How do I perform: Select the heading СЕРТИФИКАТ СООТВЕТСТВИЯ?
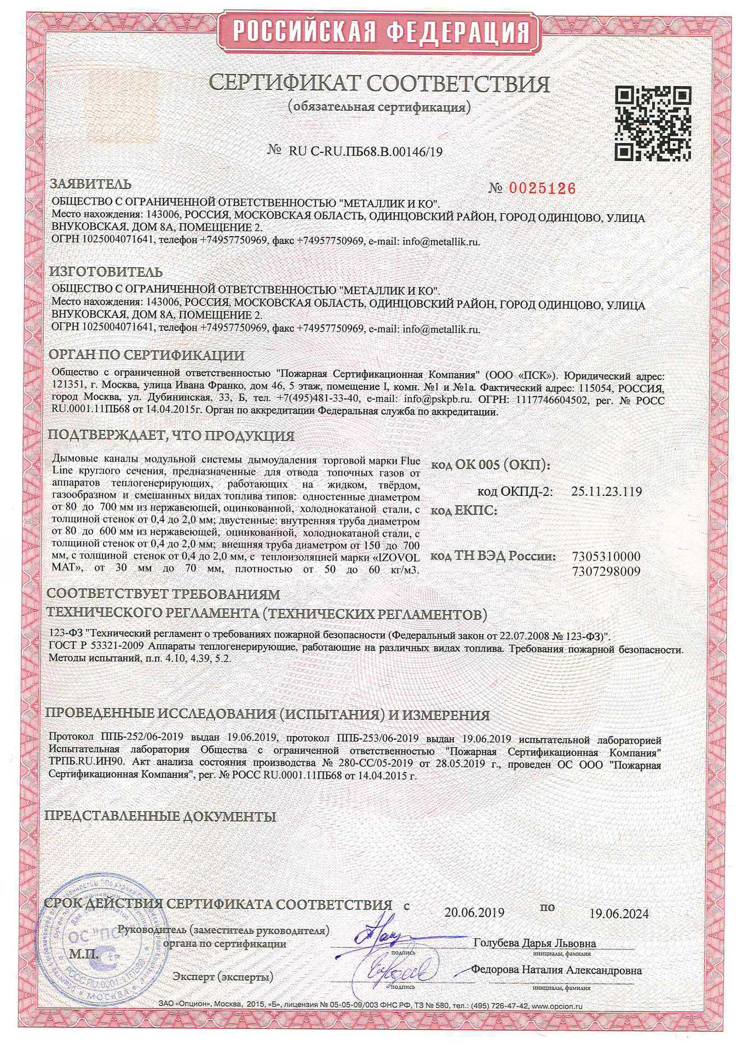pyautogui.click(x=379, y=84)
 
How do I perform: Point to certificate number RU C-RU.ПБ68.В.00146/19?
pyautogui.click(x=365, y=152)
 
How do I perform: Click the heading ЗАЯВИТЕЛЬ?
pyautogui.click(x=90, y=184)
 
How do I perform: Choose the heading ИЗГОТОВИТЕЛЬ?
pyautogui.click(x=106, y=272)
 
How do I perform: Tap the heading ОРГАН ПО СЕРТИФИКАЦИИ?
pyautogui.click(x=147, y=355)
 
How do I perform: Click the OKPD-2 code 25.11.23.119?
pyautogui.click(x=606, y=491)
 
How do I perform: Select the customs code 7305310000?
pyautogui.click(x=606, y=556)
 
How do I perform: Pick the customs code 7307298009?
pyautogui.click(x=606, y=571)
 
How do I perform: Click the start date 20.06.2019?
pyautogui.click(x=474, y=912)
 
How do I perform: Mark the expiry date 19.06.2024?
pyautogui.click(x=619, y=913)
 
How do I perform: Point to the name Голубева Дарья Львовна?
pyautogui.click(x=534, y=943)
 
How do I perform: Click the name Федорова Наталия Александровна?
pyautogui.click(x=556, y=970)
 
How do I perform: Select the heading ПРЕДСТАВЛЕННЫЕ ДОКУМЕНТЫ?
pyautogui.click(x=160, y=816)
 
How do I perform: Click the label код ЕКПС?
pyautogui.click(x=464, y=511)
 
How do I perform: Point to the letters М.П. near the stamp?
pyautogui.click(x=84, y=953)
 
